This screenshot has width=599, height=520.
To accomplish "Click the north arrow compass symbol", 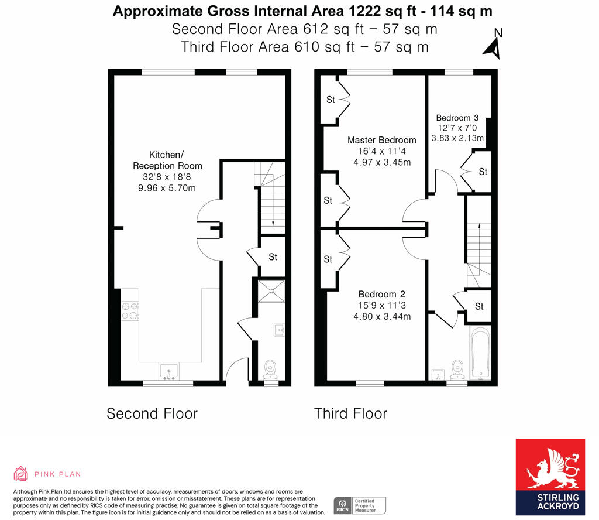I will point(493,45).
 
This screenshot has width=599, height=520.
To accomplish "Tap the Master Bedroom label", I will point(381,140).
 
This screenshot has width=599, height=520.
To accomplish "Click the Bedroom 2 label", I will point(381,295).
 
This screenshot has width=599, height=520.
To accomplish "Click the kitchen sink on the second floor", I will point(169,371).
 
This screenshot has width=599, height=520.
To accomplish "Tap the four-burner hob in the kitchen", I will point(129,311).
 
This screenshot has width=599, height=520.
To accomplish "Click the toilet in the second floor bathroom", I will point(271,369).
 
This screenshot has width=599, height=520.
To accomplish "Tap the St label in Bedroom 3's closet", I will point(483,172).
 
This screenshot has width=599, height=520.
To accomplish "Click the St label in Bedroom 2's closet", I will point(328,259).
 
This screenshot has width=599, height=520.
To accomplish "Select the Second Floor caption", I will point(152,414).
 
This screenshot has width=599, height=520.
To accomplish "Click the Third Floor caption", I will point(350,414).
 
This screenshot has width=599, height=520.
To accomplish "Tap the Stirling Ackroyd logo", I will point(550,477).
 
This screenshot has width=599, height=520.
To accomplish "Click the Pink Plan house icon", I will point(21,474).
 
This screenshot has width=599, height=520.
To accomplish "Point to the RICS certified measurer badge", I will point(360,505).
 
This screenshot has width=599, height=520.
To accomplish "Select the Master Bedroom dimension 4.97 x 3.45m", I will point(381,162).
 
